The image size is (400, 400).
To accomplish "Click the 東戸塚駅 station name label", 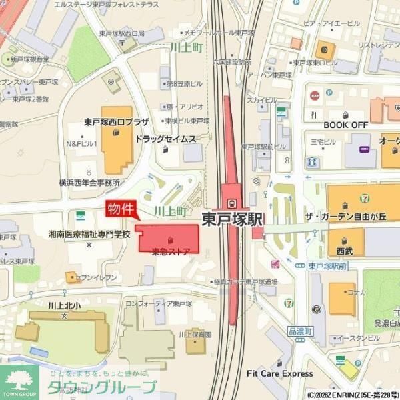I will point(233,219).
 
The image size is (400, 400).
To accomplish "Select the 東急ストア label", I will point(171,251).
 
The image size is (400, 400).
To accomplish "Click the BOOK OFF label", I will point(345,125).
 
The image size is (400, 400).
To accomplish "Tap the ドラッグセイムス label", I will point(165,139).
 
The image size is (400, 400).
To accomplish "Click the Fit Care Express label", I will point(279,373).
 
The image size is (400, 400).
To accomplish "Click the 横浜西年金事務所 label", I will point(89,182).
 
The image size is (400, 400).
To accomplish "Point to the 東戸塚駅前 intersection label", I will point(328,266).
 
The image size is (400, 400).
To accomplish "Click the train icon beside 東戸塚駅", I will point(231,203).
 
